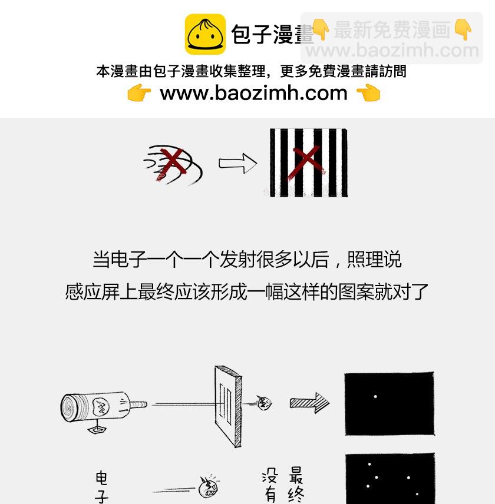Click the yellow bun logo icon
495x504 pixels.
(x=205, y=34)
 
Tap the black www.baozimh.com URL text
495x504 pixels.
(x=254, y=93)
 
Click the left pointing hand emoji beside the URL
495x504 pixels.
(x=139, y=92)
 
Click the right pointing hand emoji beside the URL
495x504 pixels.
(x=368, y=92)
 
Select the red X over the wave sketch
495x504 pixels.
(x=171, y=164)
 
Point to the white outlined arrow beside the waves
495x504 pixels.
(x=237, y=163)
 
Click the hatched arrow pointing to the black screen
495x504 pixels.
(x=309, y=403)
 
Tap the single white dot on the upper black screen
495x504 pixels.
(x=375, y=397)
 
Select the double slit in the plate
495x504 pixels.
(x=226, y=403)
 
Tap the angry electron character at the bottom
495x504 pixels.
(x=209, y=487)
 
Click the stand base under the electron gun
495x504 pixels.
(x=97, y=429)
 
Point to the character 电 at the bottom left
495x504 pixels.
(x=101, y=478)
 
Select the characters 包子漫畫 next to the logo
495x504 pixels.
(x=272, y=34)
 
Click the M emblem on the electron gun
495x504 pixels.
(x=101, y=407)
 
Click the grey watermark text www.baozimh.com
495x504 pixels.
(x=392, y=51)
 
